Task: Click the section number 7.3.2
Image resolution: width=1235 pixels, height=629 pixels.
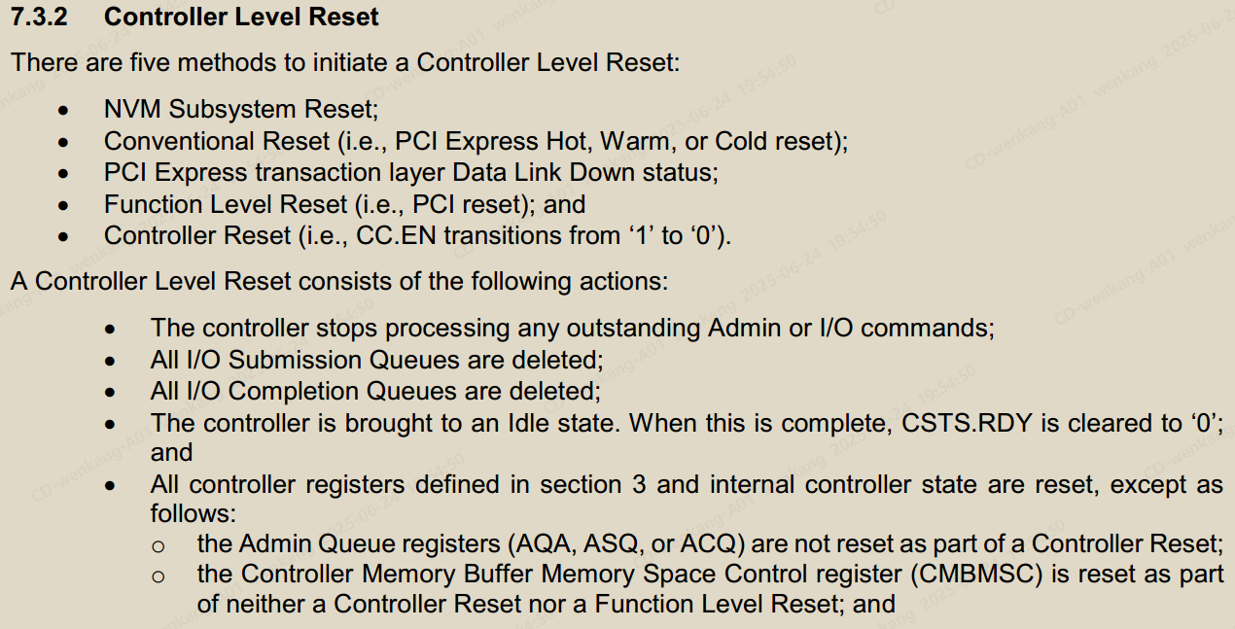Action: click(44, 17)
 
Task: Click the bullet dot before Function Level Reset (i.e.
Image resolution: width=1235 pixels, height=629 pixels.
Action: click(64, 205)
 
